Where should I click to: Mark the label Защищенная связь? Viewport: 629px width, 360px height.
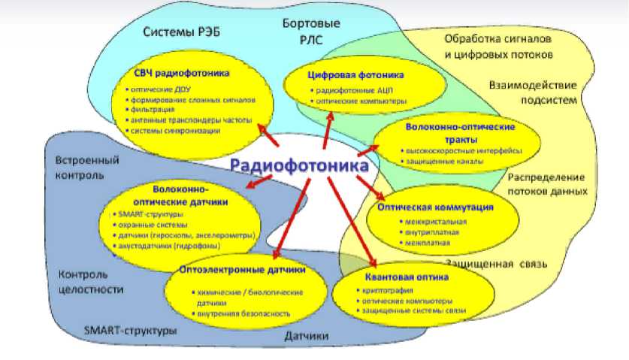494,265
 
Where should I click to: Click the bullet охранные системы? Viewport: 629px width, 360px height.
150,224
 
